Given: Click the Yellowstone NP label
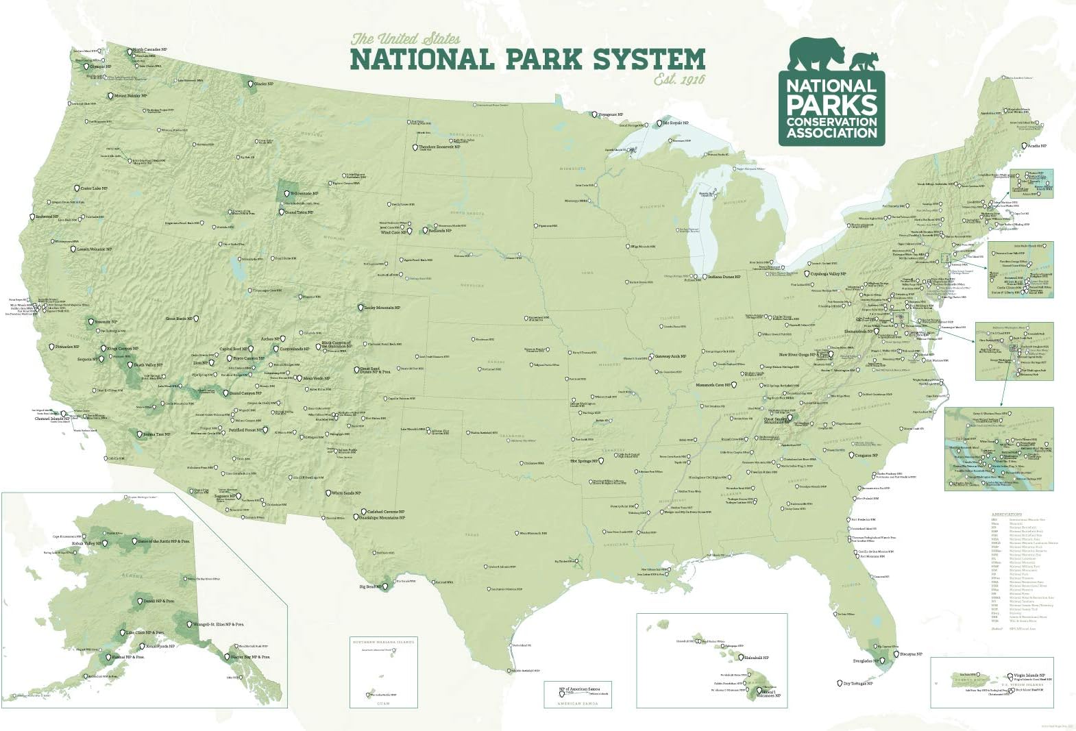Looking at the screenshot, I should (305, 194).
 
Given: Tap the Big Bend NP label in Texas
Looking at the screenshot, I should (370, 586).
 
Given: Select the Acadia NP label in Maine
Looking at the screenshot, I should (1036, 146).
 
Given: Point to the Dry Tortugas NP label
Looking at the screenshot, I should (858, 683).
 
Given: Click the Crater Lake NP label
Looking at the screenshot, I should (94, 188).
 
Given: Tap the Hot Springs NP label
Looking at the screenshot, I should (585, 461).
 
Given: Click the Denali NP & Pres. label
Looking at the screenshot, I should (158, 602).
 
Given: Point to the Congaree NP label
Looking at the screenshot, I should (866, 455).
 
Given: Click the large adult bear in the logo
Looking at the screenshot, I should (817, 55).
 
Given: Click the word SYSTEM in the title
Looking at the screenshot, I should (649, 60).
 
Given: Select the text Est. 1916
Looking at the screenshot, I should (678, 79).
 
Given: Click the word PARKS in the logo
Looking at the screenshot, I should (831, 105).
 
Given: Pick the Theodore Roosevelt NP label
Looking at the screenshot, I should (439, 147).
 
